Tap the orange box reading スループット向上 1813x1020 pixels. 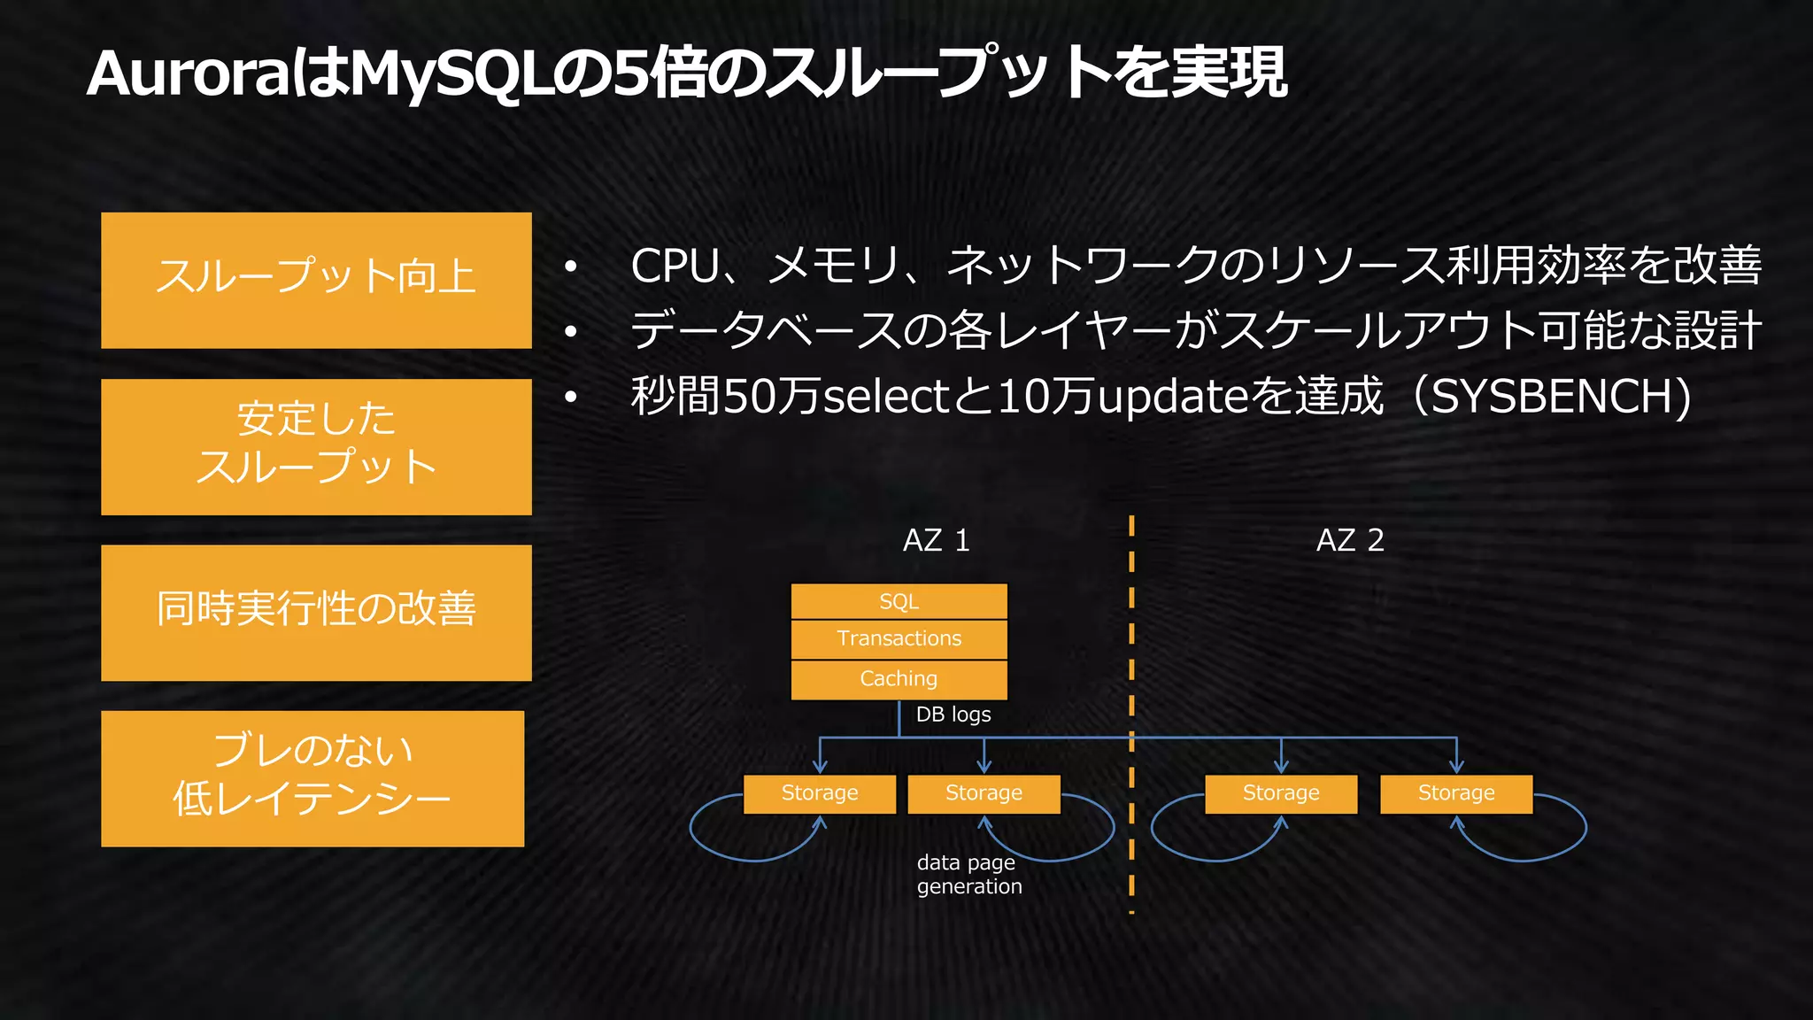[316, 280]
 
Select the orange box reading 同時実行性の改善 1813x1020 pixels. [316, 612]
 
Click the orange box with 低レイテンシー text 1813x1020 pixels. [312, 778]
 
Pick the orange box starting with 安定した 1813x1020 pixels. [316, 446]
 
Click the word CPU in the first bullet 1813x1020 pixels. [675, 266]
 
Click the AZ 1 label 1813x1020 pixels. [936, 540]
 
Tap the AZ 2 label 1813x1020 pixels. [1349, 540]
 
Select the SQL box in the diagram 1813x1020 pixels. [899, 601]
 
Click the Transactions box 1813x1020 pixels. [899, 638]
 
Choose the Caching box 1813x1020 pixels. [899, 679]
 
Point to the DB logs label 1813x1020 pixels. [953, 715]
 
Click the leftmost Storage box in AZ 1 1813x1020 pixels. [819, 793]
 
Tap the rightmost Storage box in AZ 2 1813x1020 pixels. [1456, 793]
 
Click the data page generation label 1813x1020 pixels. [968, 874]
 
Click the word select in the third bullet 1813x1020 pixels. [886, 397]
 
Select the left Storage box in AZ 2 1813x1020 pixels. [1280, 793]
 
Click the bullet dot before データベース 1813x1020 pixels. [571, 331]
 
